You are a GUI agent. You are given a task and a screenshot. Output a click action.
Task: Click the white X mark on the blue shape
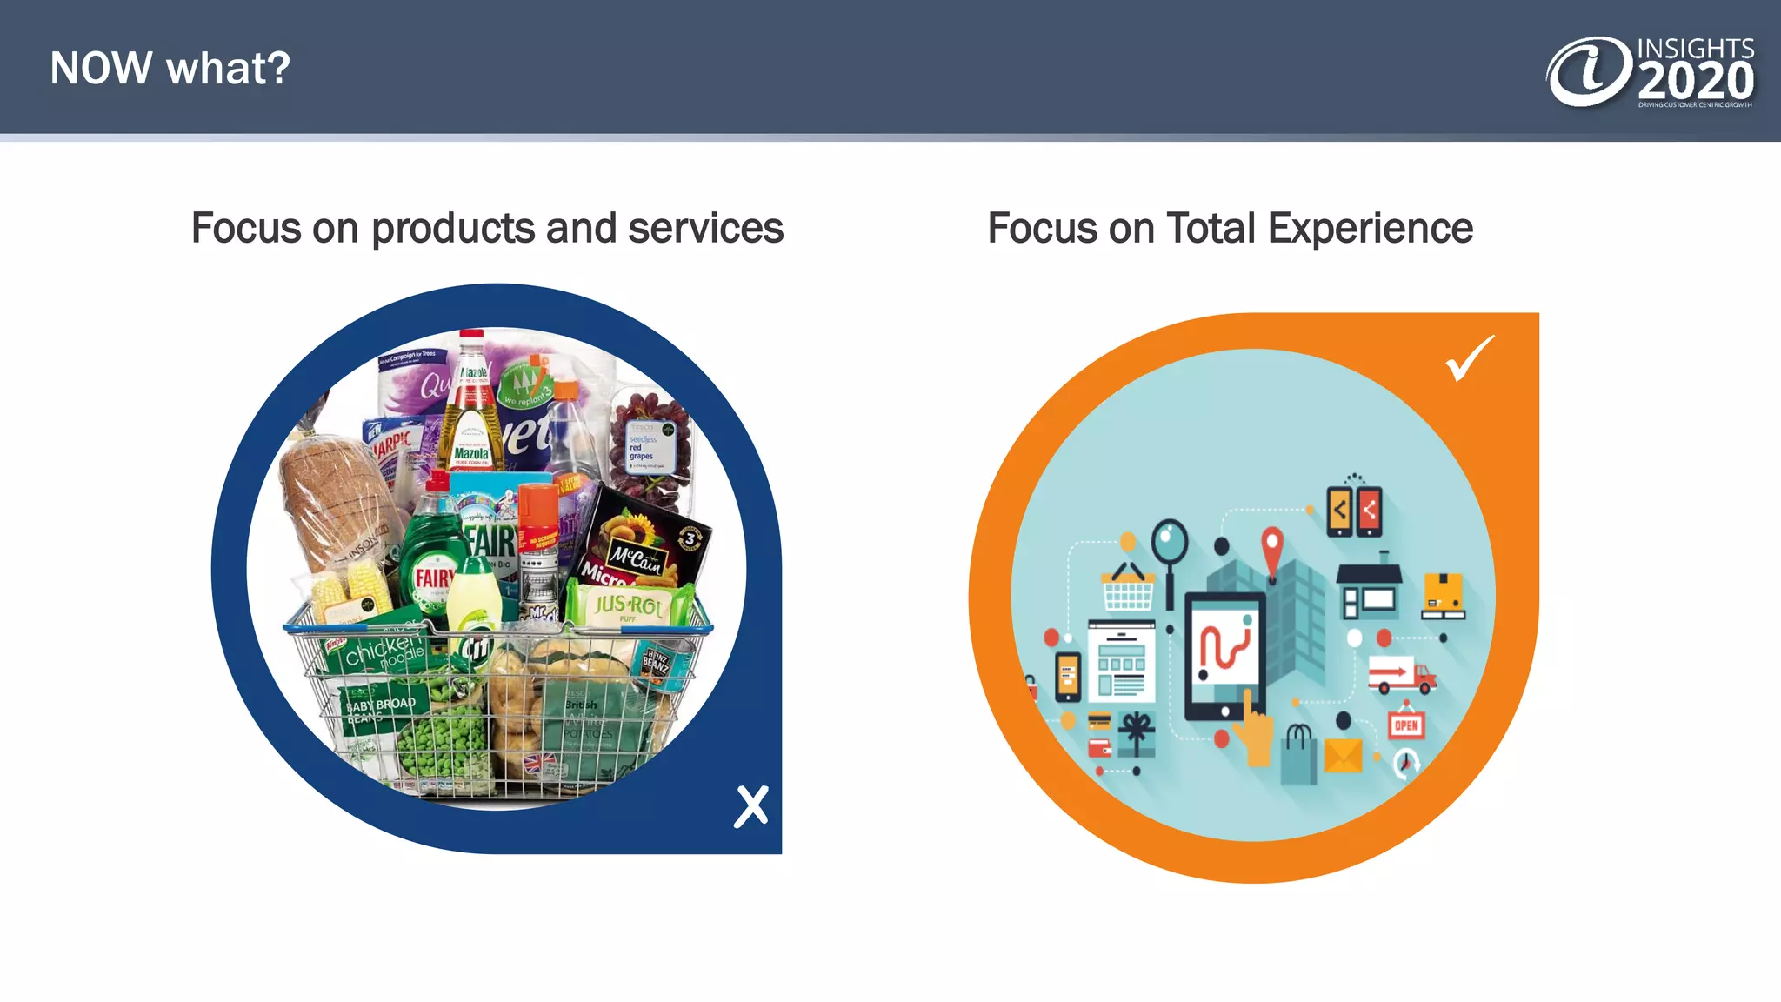pyautogui.click(x=751, y=805)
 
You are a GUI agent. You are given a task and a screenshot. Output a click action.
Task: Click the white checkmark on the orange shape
pyautogui.click(x=1469, y=357)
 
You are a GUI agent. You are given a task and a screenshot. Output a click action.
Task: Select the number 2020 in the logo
pyautogui.click(x=1696, y=82)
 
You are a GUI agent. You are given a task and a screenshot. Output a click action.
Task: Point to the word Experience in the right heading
pyautogui.click(x=1370, y=229)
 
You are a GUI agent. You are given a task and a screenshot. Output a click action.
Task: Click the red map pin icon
pyautogui.click(x=1272, y=549)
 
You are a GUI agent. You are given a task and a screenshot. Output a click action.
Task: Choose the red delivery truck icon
pyautogui.click(x=1400, y=675)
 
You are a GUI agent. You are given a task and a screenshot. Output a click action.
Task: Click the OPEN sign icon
pyautogui.click(x=1405, y=724)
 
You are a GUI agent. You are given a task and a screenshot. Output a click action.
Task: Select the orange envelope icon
pyautogui.click(x=1343, y=754)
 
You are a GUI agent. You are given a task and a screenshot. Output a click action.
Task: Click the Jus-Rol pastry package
pyautogui.click(x=628, y=604)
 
